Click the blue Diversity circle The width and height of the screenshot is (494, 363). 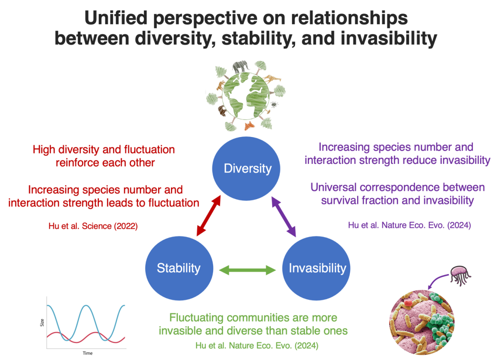click(x=247, y=168)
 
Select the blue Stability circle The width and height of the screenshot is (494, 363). click(x=178, y=268)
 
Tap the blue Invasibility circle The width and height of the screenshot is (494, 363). click(x=317, y=268)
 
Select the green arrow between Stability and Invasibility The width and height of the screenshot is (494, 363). click(x=247, y=270)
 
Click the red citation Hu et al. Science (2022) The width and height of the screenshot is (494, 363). click(x=93, y=225)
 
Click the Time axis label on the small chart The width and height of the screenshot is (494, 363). click(x=87, y=353)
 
